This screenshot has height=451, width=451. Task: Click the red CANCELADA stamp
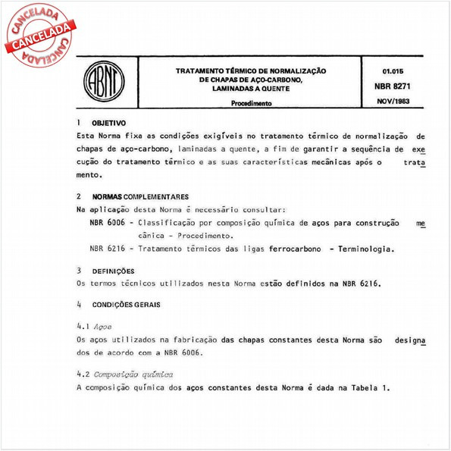36,34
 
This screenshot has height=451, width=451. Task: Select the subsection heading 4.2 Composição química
126,374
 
